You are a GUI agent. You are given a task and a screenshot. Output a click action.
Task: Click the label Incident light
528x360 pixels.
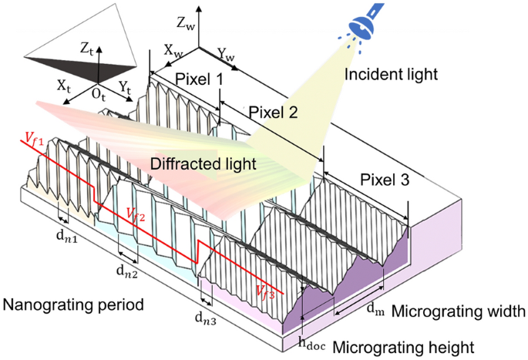coord(391,75)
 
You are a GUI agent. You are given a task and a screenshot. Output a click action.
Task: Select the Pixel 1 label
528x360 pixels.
coord(198,79)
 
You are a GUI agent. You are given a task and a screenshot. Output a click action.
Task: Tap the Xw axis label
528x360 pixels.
coord(173,47)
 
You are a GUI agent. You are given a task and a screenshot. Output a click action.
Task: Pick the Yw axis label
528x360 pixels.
coord(225,56)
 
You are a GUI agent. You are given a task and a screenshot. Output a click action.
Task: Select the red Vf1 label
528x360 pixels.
coord(32,139)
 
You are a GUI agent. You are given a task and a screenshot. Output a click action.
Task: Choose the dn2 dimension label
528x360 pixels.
coord(126,271)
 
